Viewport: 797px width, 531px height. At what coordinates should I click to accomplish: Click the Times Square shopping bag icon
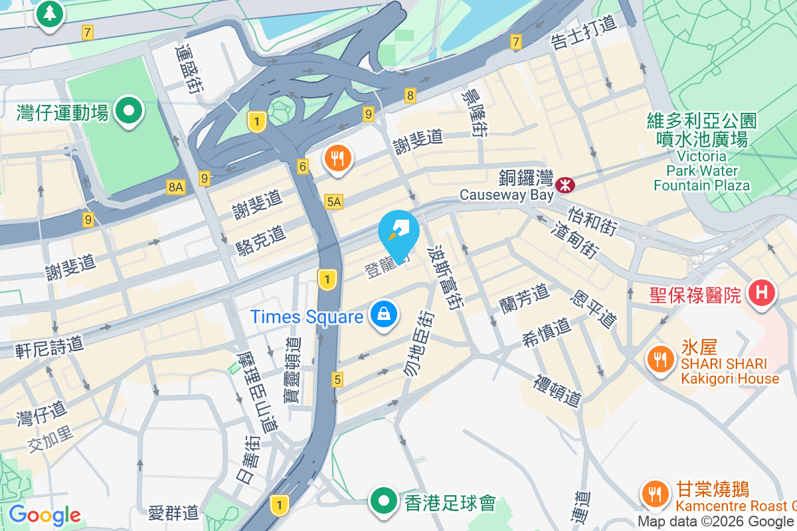tap(384, 314)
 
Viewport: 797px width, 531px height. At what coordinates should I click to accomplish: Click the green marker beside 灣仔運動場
tap(130, 110)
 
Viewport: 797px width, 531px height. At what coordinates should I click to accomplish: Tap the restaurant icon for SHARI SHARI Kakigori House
tap(659, 359)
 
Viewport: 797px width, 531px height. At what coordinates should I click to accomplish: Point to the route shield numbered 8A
tap(175, 187)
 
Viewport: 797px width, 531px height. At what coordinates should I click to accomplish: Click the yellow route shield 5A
tap(333, 201)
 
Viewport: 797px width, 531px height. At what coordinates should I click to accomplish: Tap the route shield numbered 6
tap(303, 167)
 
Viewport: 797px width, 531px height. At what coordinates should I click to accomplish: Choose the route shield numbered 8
tap(410, 96)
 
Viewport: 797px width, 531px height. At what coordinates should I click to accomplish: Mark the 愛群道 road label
tap(173, 512)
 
